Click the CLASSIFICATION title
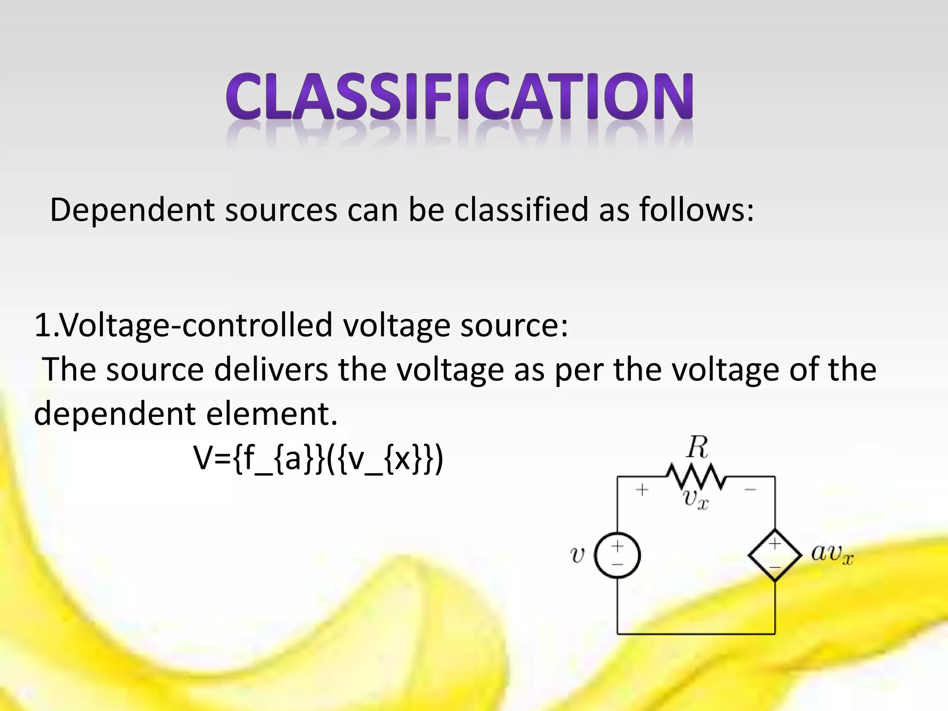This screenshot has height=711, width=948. [x=460, y=97]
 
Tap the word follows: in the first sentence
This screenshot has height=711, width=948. [x=697, y=210]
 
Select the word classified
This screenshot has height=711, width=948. [x=521, y=210]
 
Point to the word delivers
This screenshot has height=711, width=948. [x=271, y=370]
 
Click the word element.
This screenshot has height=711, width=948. [x=272, y=414]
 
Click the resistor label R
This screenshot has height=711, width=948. [x=698, y=448]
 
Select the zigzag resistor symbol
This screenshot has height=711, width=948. [x=696, y=477]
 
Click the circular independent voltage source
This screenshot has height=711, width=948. [x=617, y=555]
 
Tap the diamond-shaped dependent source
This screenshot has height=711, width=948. [x=775, y=555]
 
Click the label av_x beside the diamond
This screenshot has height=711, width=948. [x=832, y=554]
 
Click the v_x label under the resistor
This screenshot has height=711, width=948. [x=696, y=499]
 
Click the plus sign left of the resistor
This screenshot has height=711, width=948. [x=642, y=490]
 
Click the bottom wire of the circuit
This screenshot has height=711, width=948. [x=696, y=633]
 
